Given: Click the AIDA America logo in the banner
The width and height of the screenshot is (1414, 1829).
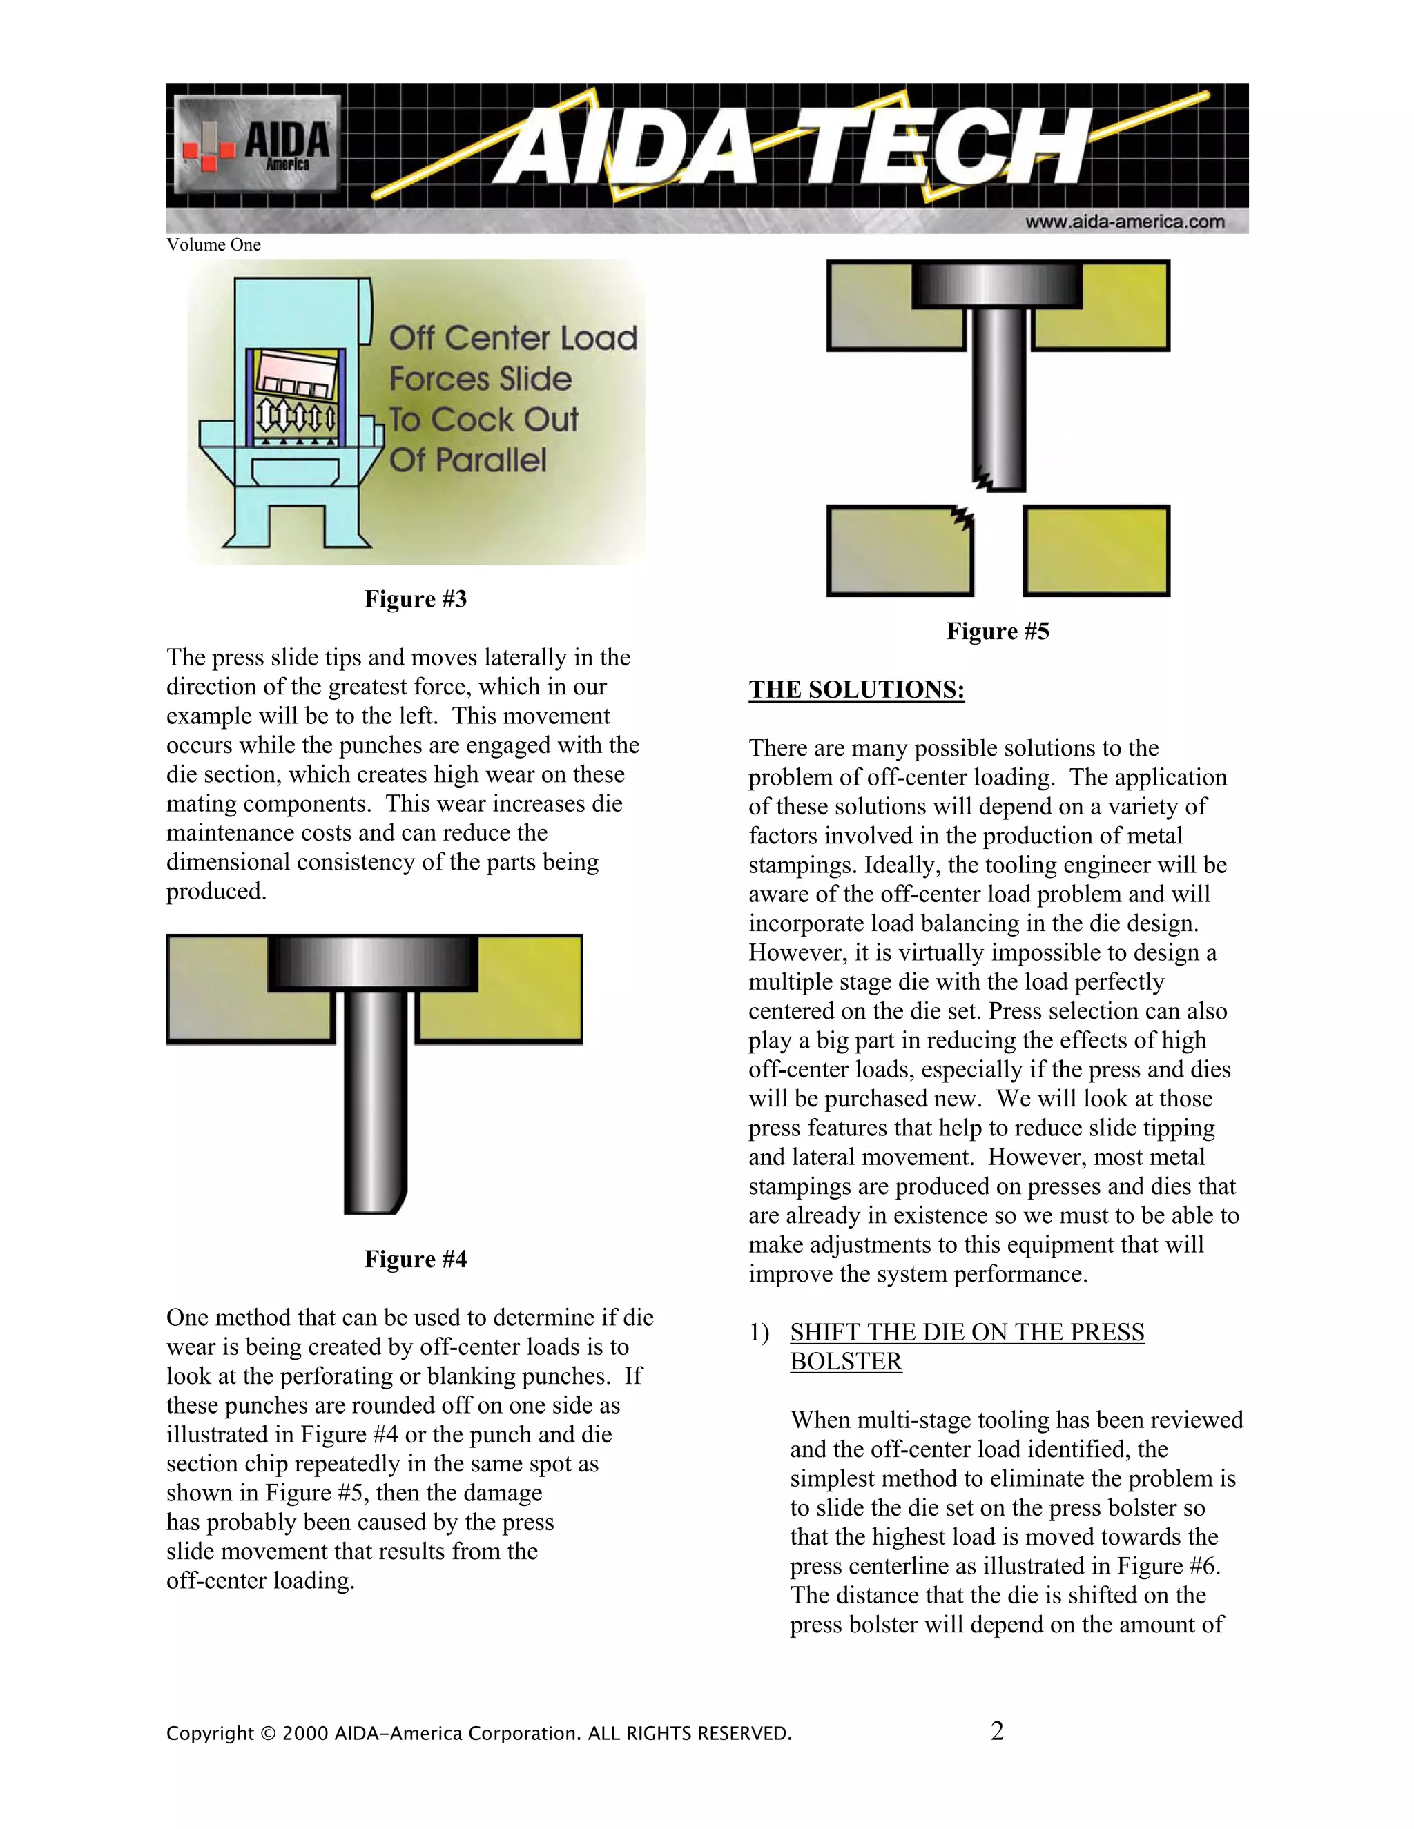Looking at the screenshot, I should (257, 144).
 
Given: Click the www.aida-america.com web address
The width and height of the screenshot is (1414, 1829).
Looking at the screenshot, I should (1124, 222).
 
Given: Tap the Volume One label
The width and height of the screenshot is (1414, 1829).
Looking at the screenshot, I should (213, 244).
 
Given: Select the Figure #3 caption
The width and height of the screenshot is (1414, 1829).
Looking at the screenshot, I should (416, 599).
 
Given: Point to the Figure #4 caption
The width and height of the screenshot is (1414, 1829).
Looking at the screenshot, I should (416, 1259).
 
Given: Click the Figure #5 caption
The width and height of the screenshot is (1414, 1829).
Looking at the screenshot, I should (998, 631).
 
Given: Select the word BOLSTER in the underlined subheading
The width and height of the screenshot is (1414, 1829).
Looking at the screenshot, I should (846, 1361).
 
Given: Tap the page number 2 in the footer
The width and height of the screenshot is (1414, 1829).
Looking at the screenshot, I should (997, 1731).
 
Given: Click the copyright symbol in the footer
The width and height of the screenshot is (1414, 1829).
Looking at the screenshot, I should (267, 1732).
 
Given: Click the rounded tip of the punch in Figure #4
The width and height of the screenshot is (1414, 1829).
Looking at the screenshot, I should (397, 1201).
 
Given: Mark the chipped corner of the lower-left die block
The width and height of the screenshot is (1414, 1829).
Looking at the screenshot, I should (963, 517).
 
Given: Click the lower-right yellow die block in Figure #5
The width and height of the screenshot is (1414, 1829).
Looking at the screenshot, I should (1096, 550).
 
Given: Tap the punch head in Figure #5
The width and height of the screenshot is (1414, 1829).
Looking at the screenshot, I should (997, 285).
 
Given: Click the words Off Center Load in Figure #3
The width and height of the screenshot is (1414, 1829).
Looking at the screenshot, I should (513, 338).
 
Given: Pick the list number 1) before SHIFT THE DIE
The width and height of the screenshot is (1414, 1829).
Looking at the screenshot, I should (759, 1332).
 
